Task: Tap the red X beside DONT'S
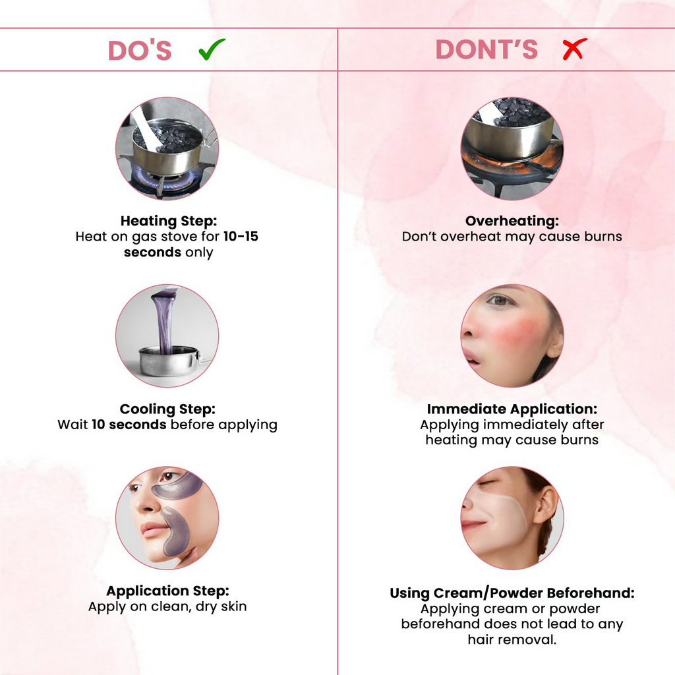[x=575, y=49]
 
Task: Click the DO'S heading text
[x=140, y=50]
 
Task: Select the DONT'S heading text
[x=486, y=49]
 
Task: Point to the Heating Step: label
[x=169, y=221]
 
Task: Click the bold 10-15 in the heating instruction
[x=241, y=237]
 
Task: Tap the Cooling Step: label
[x=167, y=409]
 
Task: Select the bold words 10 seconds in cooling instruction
[x=129, y=425]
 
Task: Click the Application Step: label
[x=168, y=591]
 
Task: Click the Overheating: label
[x=512, y=221]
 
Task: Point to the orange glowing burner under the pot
[x=512, y=160]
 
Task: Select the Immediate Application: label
[x=512, y=409]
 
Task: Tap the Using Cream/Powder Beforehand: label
[x=512, y=593]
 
